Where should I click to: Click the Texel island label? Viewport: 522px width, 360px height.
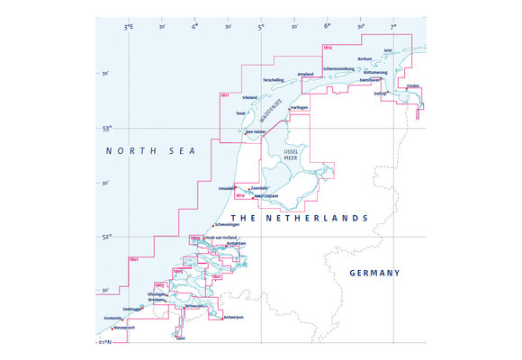pos(240,113)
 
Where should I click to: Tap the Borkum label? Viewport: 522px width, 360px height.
pos(364,59)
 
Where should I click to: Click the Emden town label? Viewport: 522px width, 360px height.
pos(413,86)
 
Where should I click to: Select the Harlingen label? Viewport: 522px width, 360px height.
pos(300,107)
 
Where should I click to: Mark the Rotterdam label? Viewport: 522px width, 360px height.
pos(236,243)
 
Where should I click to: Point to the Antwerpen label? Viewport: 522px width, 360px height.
pos(232,318)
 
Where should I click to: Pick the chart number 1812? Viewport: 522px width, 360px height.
pos(328,46)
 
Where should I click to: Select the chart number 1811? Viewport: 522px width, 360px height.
pos(224,94)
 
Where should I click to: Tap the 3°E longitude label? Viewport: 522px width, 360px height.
pos(129,28)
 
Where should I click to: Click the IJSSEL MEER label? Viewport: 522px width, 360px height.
pos(290,154)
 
